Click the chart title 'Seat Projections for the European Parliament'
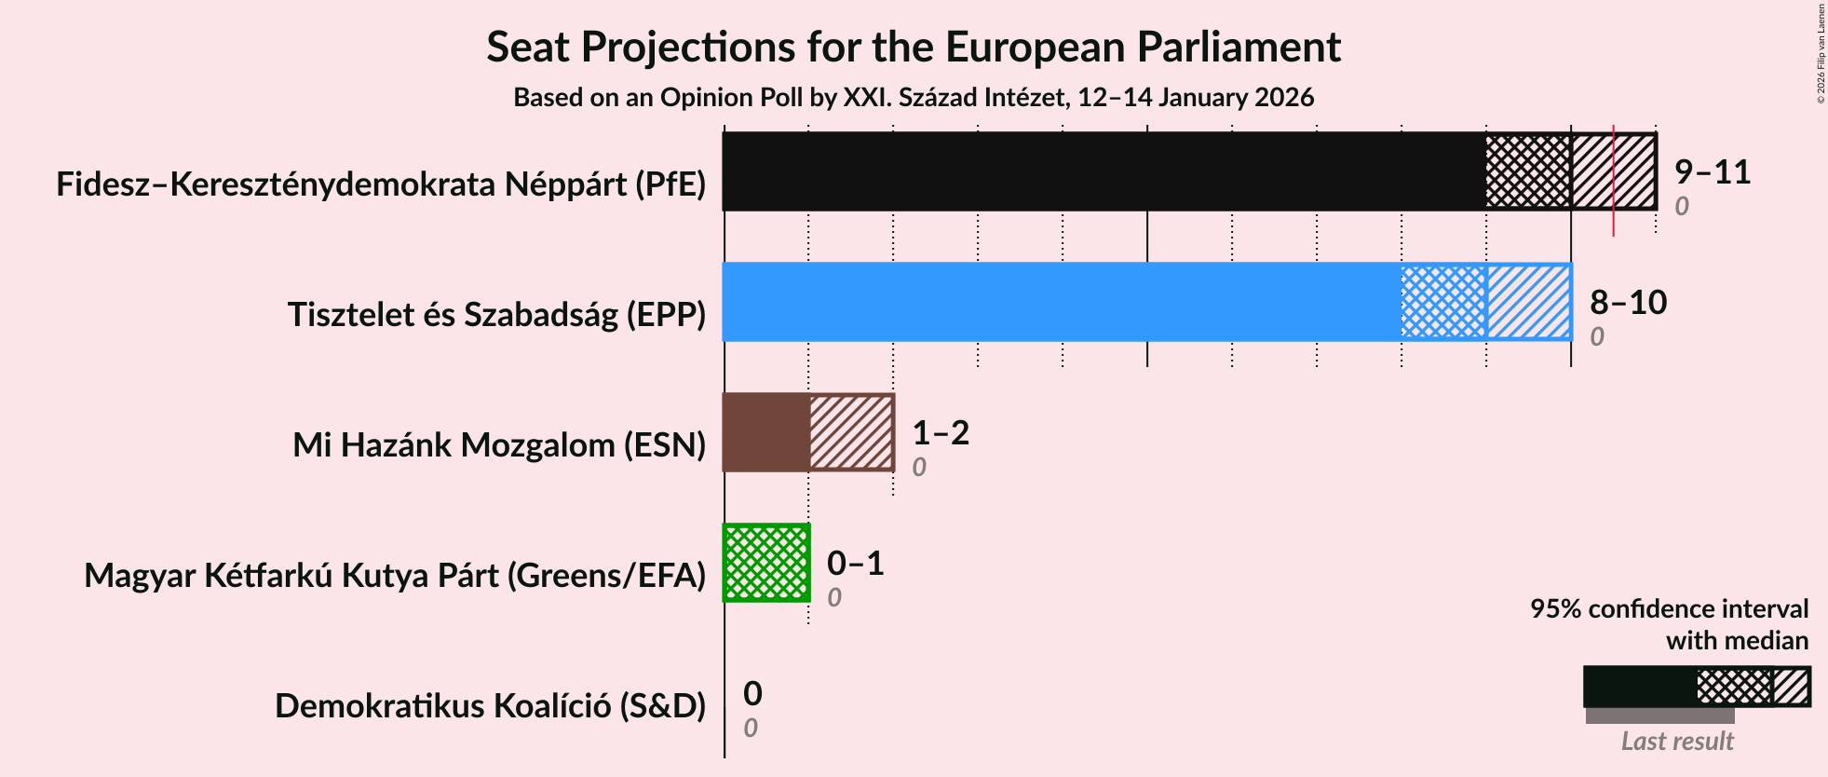click(913, 47)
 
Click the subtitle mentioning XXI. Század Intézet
click(913, 98)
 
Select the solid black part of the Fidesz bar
click(1104, 171)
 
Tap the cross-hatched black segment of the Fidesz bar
click(1528, 171)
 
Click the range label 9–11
click(1712, 172)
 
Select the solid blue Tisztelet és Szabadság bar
click(1062, 302)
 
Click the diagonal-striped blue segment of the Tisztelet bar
click(1528, 302)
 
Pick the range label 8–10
click(1628, 303)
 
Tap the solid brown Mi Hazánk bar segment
click(765, 432)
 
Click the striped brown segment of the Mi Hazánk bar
click(851, 432)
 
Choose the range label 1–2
click(941, 433)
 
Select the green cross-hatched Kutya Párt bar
click(766, 563)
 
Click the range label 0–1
click(855, 564)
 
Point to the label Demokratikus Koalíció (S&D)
click(490, 706)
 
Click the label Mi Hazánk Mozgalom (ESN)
click(499, 445)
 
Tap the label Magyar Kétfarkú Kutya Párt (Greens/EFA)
click(395, 576)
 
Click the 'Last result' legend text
click(1676, 742)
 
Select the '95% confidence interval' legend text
click(1669, 609)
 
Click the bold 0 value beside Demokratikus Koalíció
click(752, 694)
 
